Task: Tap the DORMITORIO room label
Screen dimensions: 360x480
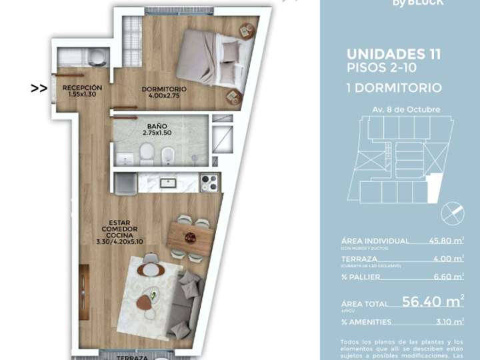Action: [164, 92]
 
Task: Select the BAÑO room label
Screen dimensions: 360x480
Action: [157, 129]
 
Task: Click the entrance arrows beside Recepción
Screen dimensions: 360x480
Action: [39, 87]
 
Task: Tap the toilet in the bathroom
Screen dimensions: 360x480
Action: [145, 155]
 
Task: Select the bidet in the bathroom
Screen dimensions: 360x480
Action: [167, 155]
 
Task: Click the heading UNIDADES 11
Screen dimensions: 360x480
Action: [393, 55]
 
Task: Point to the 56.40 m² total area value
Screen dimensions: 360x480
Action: [434, 301]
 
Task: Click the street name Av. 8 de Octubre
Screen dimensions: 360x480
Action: [397, 108]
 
